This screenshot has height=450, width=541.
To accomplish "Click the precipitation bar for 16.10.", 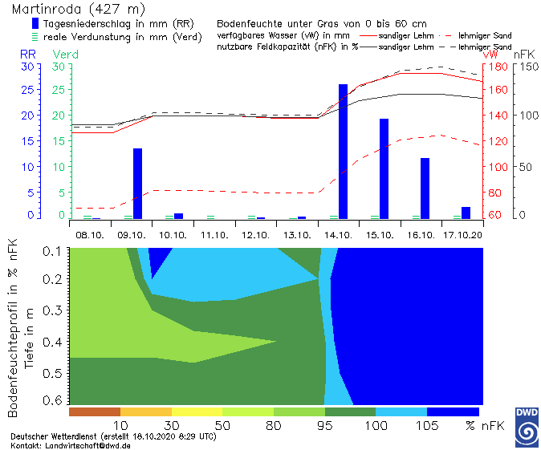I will coord(425,188).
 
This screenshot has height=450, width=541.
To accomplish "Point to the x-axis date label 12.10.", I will coord(254,235).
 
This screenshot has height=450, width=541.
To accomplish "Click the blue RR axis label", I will coord(28,54).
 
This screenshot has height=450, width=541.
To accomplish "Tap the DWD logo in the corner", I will coord(525,426).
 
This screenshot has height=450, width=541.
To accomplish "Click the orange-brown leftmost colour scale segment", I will coord(95,411).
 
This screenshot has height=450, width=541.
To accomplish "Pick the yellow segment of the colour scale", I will coord(197,411).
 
